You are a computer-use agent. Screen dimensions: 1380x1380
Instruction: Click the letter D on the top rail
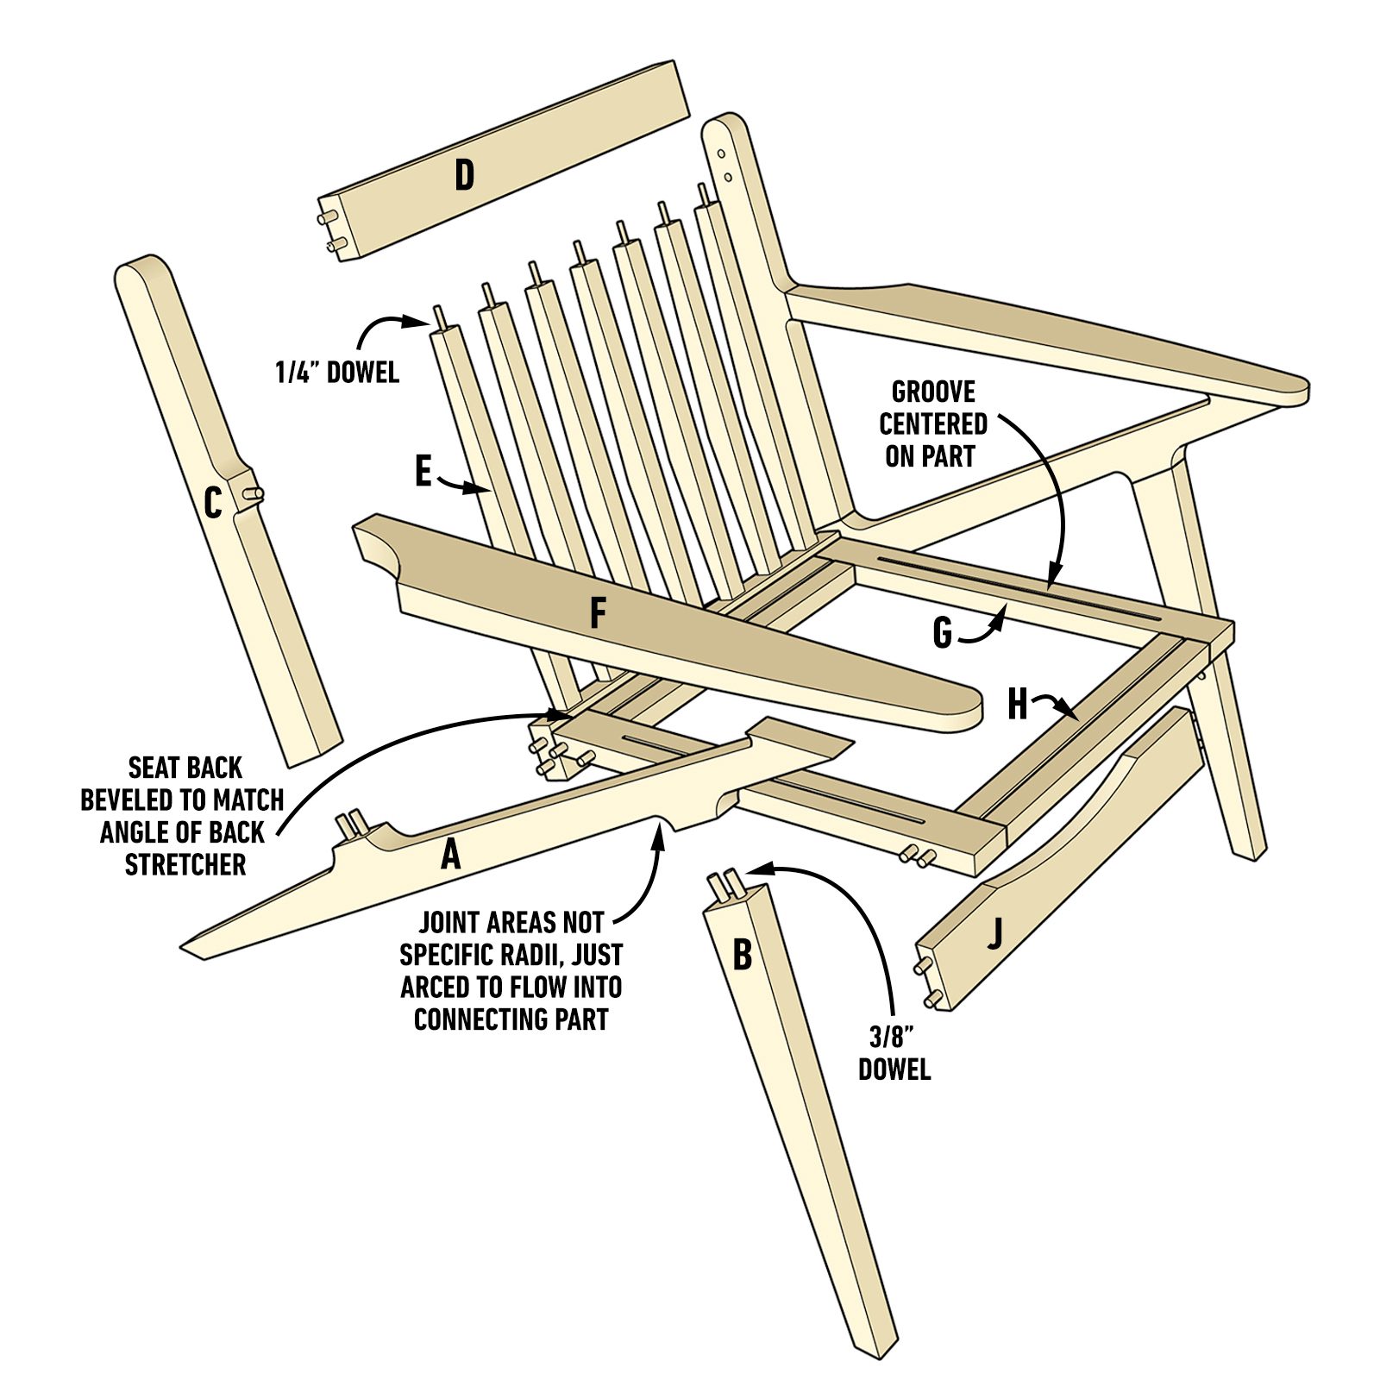[x=464, y=175]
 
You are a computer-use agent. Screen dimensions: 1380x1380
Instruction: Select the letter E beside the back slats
[x=423, y=472]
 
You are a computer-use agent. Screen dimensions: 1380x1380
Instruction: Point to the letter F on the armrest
[x=597, y=614]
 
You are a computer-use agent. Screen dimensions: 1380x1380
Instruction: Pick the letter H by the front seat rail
[x=1018, y=705]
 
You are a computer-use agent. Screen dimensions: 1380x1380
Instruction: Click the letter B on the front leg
[x=742, y=955]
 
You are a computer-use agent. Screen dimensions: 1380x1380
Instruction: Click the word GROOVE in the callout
[x=932, y=392]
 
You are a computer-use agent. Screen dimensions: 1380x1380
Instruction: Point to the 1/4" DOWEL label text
[x=337, y=373]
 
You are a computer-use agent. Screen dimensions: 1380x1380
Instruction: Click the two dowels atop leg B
[x=722, y=884]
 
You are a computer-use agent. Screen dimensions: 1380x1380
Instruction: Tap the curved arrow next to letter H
[x=1058, y=705]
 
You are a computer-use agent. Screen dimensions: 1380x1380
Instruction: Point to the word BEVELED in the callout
[x=140, y=800]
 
